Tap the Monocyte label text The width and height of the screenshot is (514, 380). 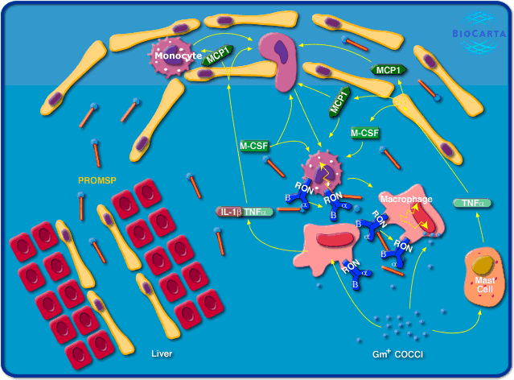178,56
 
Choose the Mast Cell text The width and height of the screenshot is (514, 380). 485,285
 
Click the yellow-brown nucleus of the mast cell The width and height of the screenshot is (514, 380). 483,265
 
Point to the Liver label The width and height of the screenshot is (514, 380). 162,353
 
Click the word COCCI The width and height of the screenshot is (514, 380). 408,354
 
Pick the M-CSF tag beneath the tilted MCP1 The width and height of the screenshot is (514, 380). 365,132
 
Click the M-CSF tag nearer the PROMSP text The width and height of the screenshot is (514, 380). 253,146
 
